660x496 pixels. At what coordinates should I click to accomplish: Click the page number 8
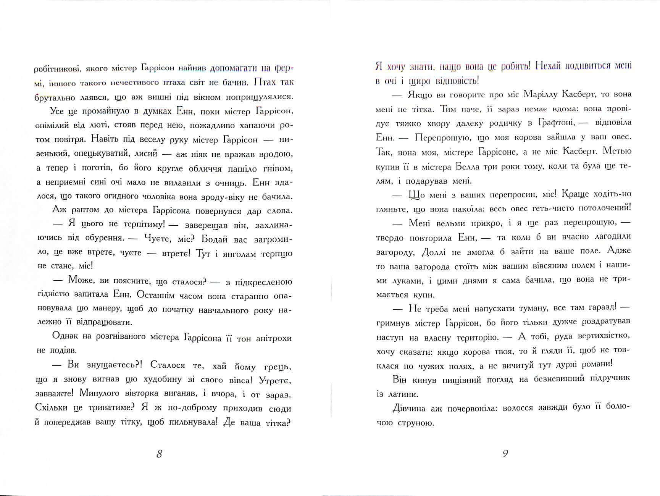[160, 454]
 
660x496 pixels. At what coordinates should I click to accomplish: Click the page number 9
[505, 454]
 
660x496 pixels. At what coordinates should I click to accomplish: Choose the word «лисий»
[146, 154]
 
